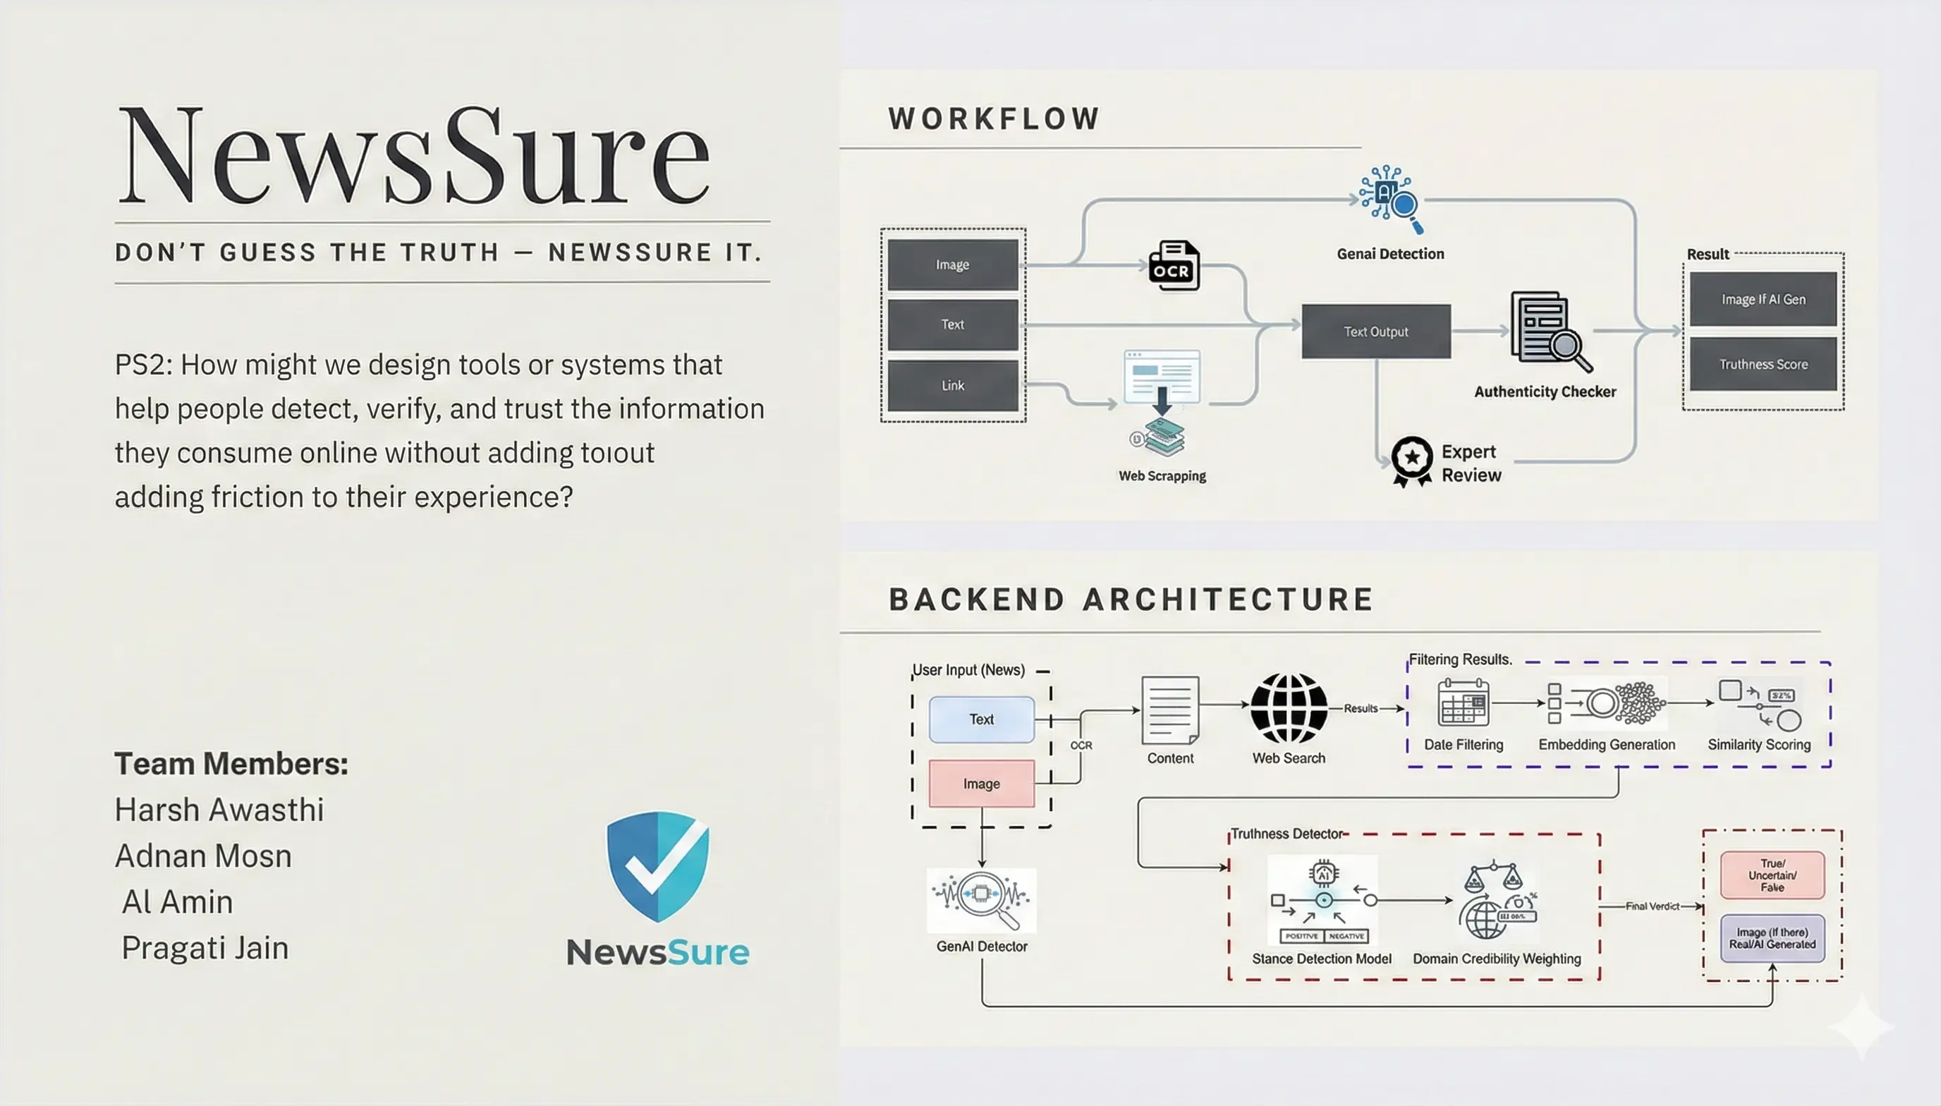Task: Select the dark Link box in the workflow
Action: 952,385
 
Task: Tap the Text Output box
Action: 1375,332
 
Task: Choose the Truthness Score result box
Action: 1763,365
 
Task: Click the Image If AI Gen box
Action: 1763,299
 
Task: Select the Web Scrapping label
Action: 1162,476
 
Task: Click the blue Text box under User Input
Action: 981,719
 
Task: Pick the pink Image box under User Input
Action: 981,783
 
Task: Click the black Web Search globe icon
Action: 1289,708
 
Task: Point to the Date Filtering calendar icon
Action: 1463,703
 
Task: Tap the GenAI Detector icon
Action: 981,900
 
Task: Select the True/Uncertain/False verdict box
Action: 1772,875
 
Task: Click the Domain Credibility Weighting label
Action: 1496,959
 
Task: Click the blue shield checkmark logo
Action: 657,866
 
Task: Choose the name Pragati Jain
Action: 205,948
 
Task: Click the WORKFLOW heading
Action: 994,119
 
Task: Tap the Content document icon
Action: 1169,710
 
